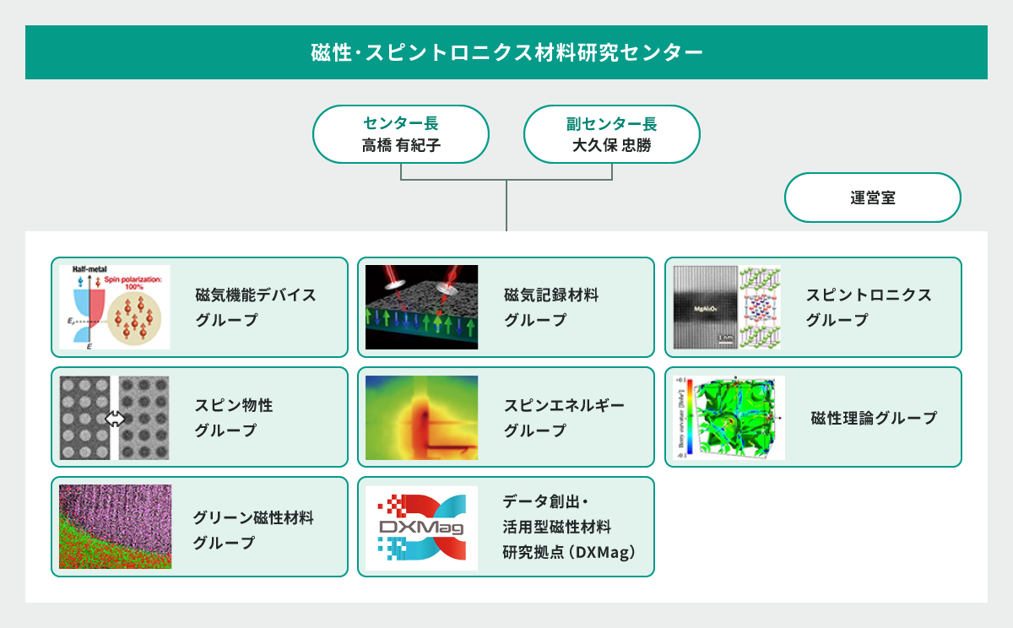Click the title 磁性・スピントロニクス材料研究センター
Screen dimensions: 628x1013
tap(506, 52)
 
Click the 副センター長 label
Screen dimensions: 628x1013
tap(611, 124)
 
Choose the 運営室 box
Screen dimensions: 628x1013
tap(873, 198)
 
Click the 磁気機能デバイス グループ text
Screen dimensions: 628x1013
tap(255, 307)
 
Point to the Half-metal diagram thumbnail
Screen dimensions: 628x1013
tap(114, 307)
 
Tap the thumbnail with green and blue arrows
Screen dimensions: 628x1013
tap(421, 307)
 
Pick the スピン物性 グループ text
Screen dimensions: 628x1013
tap(233, 417)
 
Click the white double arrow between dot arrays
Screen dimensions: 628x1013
tap(115, 418)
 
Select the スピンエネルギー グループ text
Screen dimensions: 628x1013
tap(564, 417)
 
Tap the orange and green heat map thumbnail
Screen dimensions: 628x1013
tap(421, 417)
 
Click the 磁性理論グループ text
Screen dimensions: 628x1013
tap(873, 418)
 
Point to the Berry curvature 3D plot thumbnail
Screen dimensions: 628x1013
tap(728, 418)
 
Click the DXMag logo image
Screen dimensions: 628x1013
tap(421, 528)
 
